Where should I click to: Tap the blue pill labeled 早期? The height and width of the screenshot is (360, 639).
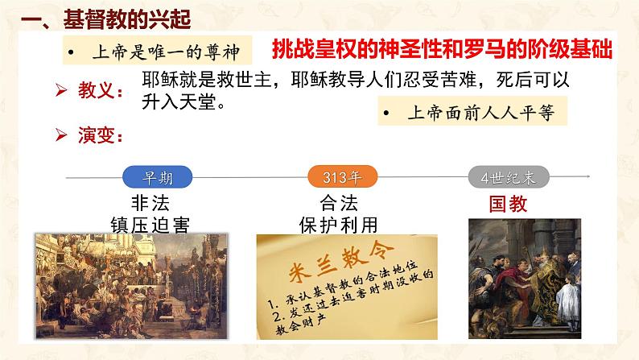click(x=147, y=176)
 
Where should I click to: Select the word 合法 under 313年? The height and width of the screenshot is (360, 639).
click(x=337, y=202)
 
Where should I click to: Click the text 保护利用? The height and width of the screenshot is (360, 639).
click(x=337, y=223)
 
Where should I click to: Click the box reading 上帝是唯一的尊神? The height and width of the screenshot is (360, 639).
click(x=156, y=51)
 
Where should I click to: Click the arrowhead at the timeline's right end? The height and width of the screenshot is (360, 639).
click(x=591, y=176)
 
